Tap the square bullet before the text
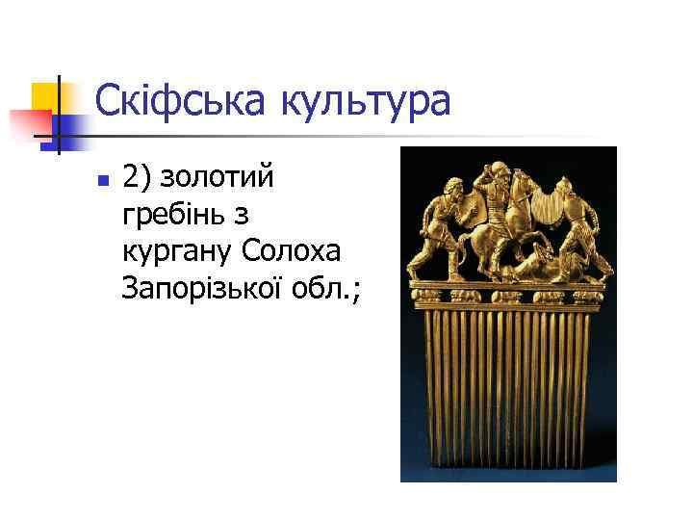click(x=104, y=180)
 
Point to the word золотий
click(x=218, y=178)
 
